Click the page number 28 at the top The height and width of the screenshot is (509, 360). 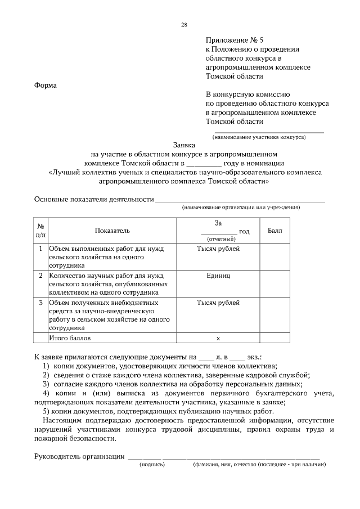tap(184, 25)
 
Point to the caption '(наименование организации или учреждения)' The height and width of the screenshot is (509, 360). tap(241, 208)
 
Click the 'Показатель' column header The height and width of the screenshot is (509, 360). tap(112, 231)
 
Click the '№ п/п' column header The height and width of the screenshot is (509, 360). tap(40, 231)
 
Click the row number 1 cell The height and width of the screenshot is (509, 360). tap(40, 248)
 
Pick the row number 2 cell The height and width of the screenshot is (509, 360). tap(40, 276)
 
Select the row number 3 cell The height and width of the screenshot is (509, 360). tap(40, 303)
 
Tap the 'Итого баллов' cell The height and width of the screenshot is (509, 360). tap(70, 339)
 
